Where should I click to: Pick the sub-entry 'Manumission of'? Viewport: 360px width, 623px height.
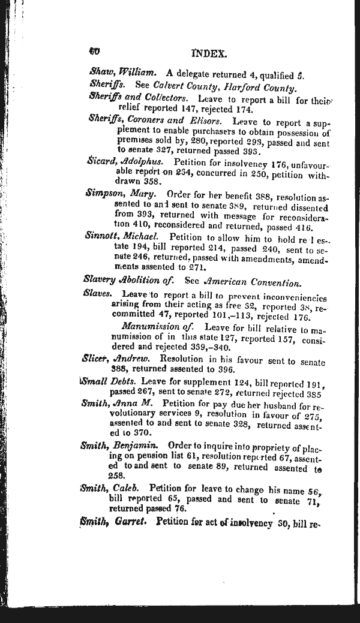click(158, 327)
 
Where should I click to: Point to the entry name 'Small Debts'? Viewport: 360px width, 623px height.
click(109, 381)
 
